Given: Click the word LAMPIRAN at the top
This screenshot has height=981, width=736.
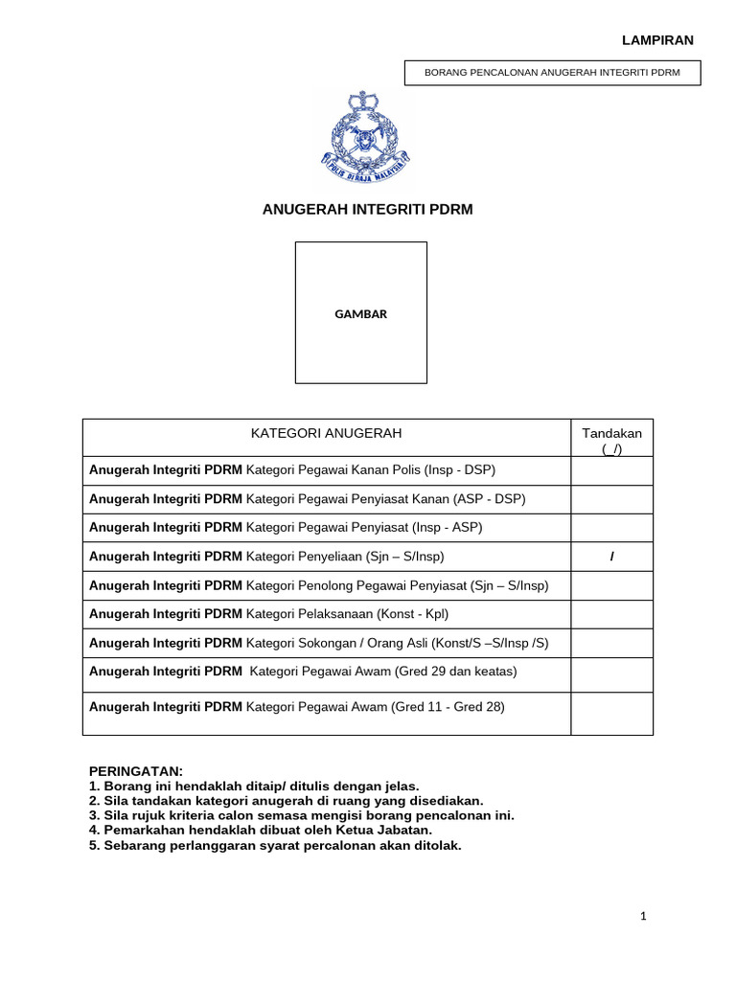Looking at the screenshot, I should (657, 39).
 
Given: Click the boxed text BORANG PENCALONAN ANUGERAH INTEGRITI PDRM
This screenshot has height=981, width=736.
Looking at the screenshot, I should (551, 73).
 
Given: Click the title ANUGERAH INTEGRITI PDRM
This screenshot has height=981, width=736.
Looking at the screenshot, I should (368, 209).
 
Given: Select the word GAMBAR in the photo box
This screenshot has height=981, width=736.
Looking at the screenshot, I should (360, 314).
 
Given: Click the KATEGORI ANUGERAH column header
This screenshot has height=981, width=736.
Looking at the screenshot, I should (326, 433).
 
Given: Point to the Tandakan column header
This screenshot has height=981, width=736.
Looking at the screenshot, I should (611, 441).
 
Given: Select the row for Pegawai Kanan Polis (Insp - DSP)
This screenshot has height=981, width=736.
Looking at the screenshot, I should (291, 470).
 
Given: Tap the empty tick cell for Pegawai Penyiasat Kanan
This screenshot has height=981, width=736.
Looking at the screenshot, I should (611, 499).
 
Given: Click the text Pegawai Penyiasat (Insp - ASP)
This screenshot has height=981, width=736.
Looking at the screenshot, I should (364, 528).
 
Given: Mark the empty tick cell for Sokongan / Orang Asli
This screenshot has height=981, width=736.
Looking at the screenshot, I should (611, 643).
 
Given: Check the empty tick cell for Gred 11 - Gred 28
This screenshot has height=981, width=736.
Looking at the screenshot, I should (611, 714).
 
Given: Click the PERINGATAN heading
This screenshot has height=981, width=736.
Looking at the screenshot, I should (135, 771).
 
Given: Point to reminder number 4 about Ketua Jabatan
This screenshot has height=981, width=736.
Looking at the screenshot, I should (261, 830).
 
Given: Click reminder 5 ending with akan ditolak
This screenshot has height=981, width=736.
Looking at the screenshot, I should (275, 845).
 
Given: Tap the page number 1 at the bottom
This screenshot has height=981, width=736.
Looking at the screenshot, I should (644, 917).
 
